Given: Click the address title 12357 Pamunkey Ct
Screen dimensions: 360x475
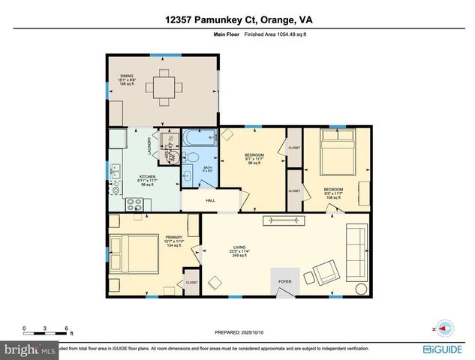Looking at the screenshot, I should click(236, 21).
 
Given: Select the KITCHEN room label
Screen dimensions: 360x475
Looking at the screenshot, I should click(125, 177).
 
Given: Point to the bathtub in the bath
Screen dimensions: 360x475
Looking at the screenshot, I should click(199, 139).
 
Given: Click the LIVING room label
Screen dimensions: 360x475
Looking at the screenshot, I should click(240, 247).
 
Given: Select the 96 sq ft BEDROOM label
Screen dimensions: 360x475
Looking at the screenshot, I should click(254, 155).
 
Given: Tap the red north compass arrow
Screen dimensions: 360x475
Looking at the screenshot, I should click(445, 328).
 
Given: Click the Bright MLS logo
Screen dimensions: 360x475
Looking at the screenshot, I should click(30, 349).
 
